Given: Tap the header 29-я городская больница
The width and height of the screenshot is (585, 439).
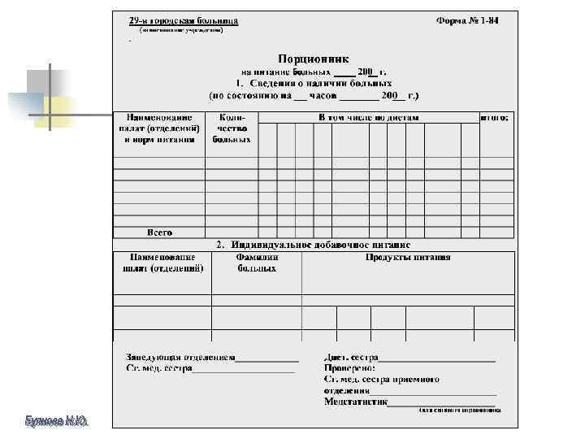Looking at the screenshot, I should point(178,20).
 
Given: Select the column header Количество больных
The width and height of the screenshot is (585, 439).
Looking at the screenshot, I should point(232,128).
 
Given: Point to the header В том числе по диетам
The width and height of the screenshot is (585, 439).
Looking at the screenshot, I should point(368,118).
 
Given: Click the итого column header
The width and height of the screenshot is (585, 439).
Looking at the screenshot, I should point(495,118).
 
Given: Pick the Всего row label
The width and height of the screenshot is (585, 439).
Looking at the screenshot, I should point(159,233).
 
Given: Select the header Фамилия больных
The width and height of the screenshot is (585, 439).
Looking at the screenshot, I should point(257,263).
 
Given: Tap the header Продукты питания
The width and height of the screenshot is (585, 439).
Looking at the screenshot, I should point(407,258).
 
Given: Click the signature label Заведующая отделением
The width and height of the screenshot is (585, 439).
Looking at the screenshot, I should point(180,357).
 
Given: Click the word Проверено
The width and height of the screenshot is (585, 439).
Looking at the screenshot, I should point(350,367).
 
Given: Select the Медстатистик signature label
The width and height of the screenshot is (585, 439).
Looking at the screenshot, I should point(355,401).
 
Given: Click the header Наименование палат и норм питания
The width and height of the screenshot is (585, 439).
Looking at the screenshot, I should point(159,128).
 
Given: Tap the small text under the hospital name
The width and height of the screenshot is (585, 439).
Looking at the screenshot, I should point(180,30).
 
